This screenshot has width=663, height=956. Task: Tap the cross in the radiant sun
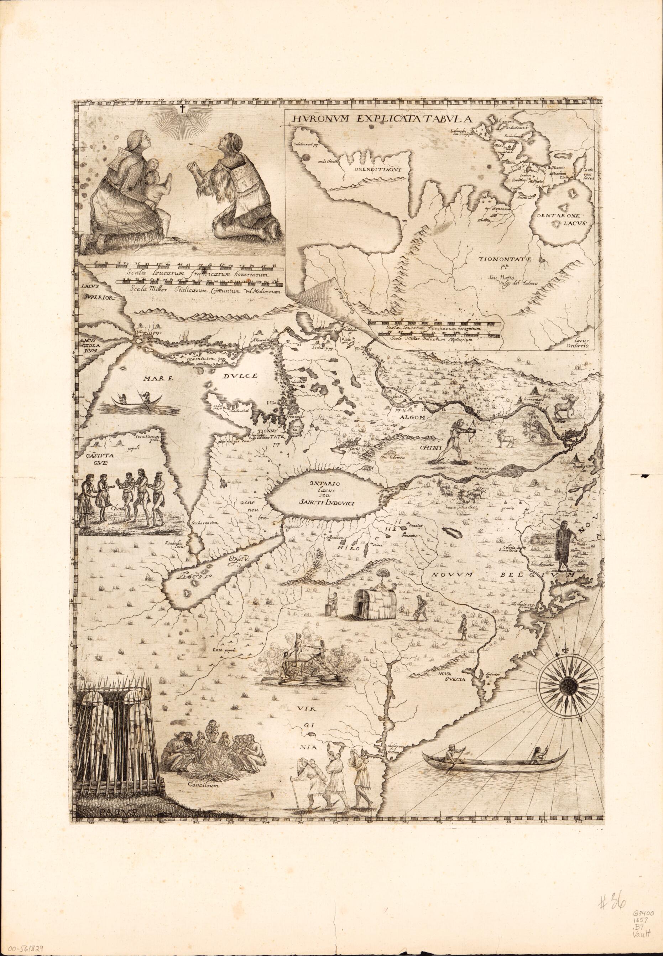[x=182, y=110]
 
